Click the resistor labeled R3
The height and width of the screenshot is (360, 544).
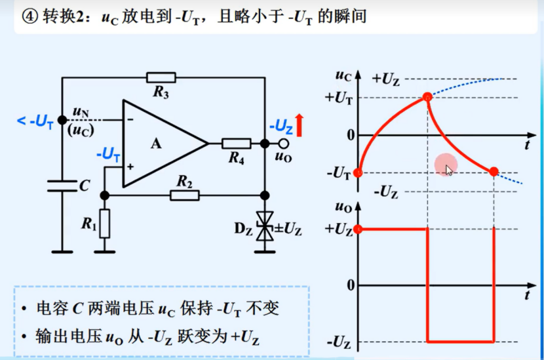point(161,77)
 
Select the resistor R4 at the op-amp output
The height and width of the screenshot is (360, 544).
point(236,144)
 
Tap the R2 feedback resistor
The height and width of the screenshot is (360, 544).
point(184,195)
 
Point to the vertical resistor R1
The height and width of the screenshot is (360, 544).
point(105,223)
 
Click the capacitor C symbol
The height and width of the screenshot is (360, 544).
point(62,186)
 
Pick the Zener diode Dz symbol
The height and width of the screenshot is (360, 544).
point(265,229)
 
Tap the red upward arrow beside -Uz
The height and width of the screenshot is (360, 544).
point(299,125)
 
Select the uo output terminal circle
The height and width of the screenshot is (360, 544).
point(283,144)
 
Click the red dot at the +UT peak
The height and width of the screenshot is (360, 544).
point(427,98)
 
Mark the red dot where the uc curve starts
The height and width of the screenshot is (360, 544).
point(357,172)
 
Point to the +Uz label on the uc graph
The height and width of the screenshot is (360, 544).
point(386,79)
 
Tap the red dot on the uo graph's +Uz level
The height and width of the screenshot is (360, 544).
point(357,230)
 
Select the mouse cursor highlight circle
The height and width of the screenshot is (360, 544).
point(446,165)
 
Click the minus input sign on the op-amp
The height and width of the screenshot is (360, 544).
point(130,119)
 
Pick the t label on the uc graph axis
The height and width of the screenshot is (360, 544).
point(528,144)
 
